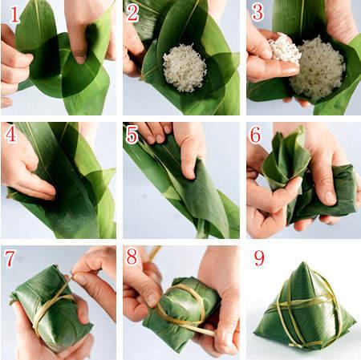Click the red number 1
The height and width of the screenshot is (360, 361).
pos(14,15)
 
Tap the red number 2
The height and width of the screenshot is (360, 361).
pos(133,14)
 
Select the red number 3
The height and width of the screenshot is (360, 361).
pos(258,13)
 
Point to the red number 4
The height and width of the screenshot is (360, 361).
pos(10,134)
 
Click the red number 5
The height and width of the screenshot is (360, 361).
pos(132,135)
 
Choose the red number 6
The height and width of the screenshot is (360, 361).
pos(255,135)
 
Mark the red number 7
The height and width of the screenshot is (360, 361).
pos(10,259)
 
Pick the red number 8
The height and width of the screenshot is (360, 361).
pos(132,256)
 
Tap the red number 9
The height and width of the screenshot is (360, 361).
pos(259,258)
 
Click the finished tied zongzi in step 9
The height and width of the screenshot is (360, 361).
pos(305,307)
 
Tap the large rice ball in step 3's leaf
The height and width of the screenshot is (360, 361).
pos(318,68)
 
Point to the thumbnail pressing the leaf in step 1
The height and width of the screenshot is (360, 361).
pos(79,60)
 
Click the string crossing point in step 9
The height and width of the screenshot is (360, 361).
pos(289,304)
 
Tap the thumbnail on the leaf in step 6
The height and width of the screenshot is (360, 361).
pos(330,198)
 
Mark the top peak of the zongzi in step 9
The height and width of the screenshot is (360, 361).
pos(303,264)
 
